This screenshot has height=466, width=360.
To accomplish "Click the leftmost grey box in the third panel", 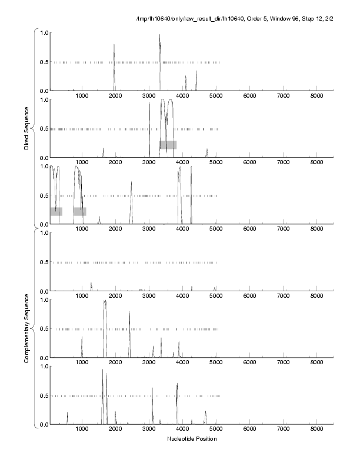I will coord(56,211).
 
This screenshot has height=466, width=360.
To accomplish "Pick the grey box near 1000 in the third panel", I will coord(80,211).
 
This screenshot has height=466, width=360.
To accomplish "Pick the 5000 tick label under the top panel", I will coord(216,96).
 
